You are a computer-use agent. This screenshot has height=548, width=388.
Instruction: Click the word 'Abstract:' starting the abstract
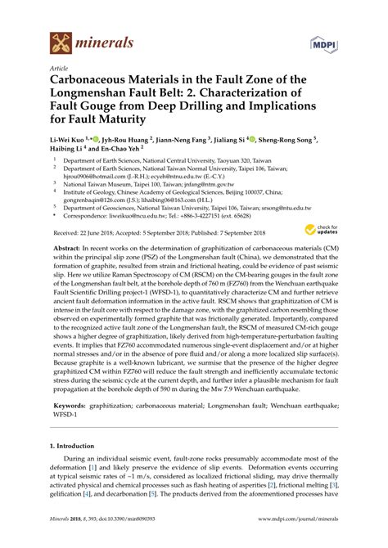[65, 245]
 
